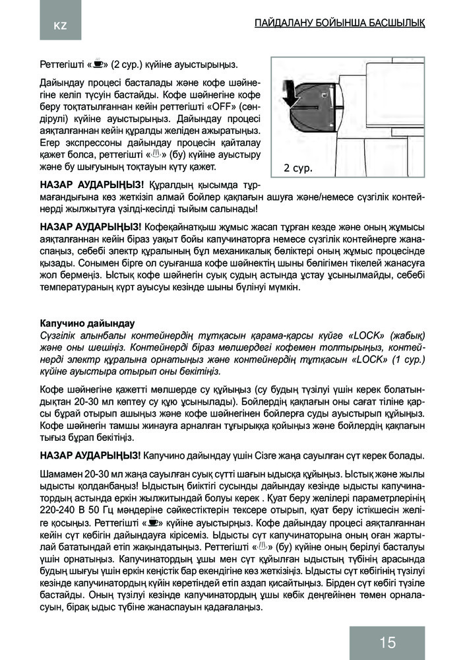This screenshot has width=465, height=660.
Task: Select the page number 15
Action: click(x=387, y=642)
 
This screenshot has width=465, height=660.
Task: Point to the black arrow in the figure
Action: click(x=290, y=93)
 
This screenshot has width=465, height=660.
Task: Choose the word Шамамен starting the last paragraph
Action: click(x=61, y=473)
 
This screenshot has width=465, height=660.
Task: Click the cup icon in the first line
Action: click(x=97, y=65)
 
